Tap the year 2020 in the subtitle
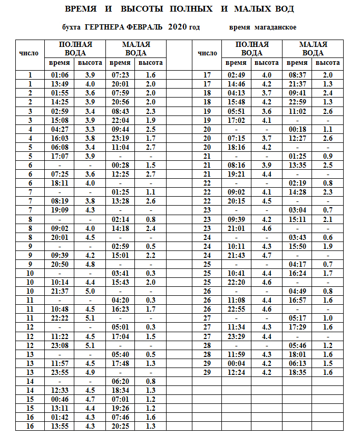(178, 27)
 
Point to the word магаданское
(276, 27)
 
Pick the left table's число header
(29, 53)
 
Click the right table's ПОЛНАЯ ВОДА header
(252, 49)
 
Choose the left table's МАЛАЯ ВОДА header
(136, 49)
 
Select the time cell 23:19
(121, 138)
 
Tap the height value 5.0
(90, 291)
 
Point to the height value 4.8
(90, 264)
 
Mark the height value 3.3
(90, 129)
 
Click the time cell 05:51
(237, 111)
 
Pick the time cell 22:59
(298, 102)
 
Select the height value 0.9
(327, 156)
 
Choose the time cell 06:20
(121, 380)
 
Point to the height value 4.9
(90, 371)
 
